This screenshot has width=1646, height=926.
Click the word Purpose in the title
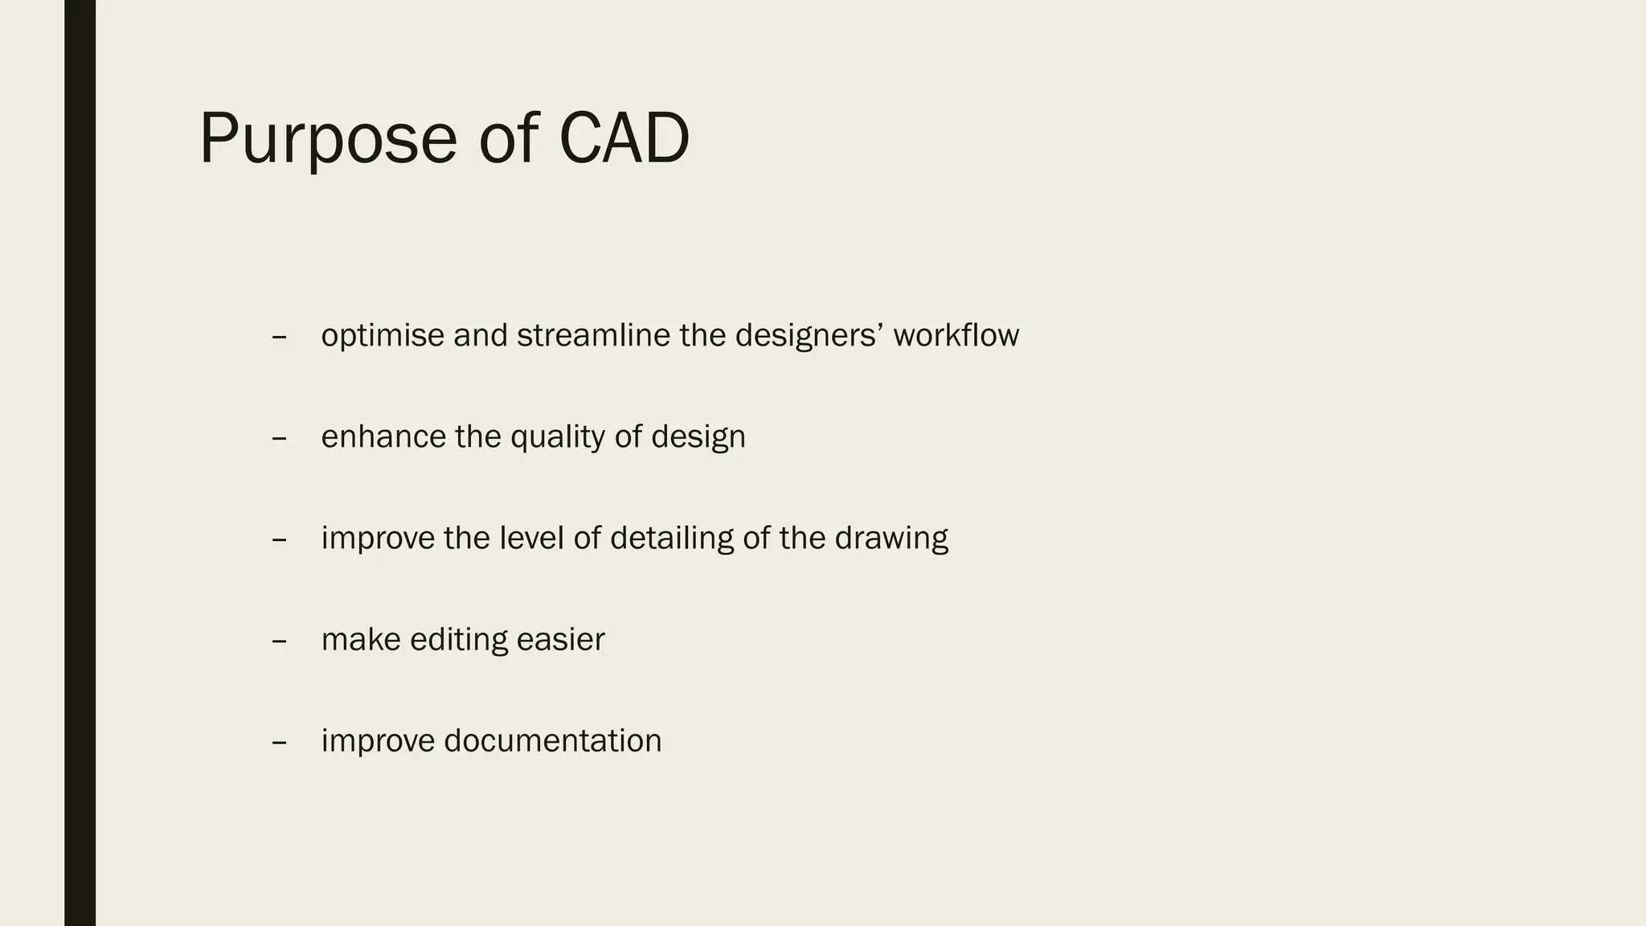pos(328,141)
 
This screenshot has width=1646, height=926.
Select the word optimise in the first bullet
pos(383,336)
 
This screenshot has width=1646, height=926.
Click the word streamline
pos(593,335)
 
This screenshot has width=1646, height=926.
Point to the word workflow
pos(956,335)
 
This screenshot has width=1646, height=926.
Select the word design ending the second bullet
pos(698,438)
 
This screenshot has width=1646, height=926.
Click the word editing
pos(458,641)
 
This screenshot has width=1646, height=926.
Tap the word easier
pos(560,640)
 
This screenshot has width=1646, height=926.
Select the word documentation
pos(552,741)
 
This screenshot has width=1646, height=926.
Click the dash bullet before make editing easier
pos(280,641)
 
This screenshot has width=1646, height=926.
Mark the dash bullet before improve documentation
pos(280,743)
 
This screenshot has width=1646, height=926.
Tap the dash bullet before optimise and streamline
pos(280,338)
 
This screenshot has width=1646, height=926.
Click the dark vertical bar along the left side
pos(80,463)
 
